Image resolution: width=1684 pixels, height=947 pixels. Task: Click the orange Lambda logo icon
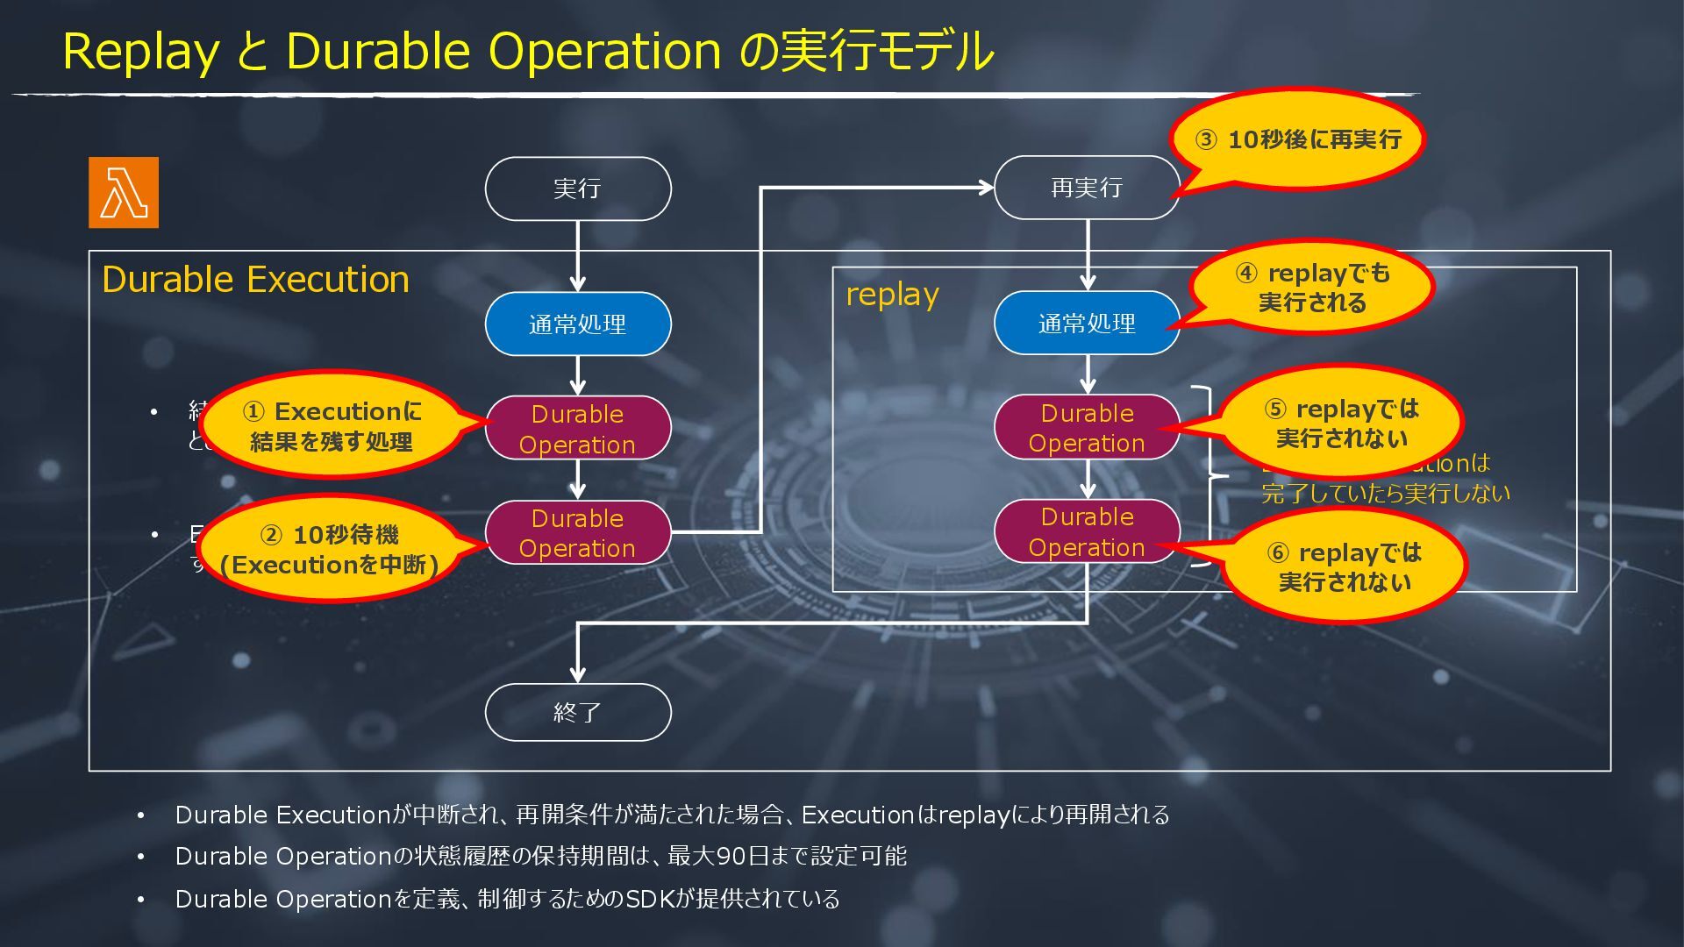point(124,193)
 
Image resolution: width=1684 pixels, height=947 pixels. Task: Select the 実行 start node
point(578,189)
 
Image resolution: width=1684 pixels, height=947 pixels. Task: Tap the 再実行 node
point(1087,188)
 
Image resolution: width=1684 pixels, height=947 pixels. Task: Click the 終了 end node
point(578,712)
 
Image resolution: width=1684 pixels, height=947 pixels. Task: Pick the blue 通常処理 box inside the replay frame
point(1087,324)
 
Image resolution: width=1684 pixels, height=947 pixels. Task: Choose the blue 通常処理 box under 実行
point(578,324)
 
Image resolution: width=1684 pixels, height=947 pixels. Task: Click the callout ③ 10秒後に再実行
point(1299,139)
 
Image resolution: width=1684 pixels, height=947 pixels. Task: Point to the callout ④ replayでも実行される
point(1312,288)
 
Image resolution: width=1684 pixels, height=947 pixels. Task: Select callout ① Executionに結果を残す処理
point(332,426)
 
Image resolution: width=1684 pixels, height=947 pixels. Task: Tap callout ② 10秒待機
point(330,550)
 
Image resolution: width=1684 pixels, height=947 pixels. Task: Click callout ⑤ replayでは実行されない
point(1341,424)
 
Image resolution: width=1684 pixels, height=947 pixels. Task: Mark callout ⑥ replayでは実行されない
point(1345,567)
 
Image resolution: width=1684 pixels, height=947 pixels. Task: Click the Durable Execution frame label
point(255,280)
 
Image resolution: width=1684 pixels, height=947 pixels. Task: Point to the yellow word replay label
point(892,295)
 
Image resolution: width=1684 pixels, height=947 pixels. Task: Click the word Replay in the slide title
point(140,51)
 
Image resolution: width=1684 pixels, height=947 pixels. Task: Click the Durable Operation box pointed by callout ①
point(578,429)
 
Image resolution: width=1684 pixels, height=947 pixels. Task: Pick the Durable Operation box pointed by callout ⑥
point(1087,531)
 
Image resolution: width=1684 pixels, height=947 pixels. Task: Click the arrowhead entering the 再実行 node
point(987,187)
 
